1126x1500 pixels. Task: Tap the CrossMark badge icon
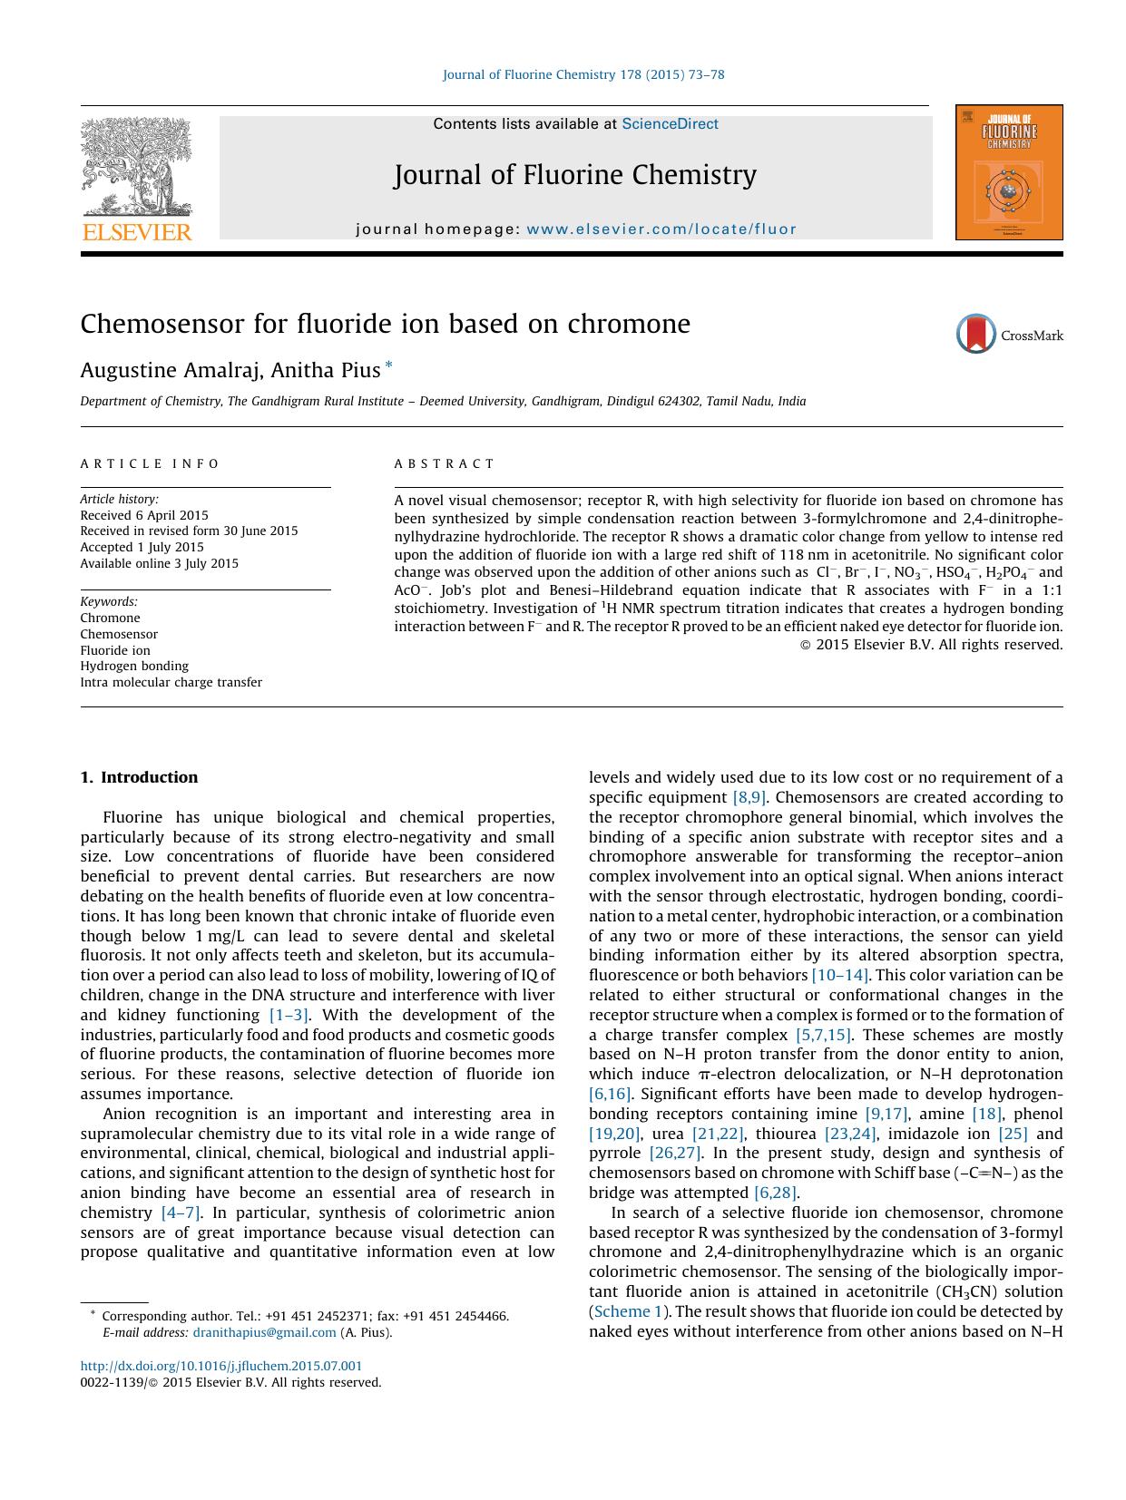(x=976, y=335)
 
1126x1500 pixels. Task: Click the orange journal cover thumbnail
(x=1008, y=172)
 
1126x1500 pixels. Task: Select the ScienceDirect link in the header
(x=670, y=124)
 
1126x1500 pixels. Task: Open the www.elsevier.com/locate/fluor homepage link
(x=661, y=229)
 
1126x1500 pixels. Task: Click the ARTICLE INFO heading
(x=150, y=463)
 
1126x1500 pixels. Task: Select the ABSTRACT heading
(x=445, y=463)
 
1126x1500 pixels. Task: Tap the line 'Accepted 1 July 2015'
(x=142, y=547)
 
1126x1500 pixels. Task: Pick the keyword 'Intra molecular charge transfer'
(x=171, y=682)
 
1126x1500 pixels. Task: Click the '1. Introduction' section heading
(x=139, y=777)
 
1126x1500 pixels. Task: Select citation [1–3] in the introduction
(x=289, y=1015)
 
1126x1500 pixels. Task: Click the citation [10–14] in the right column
(x=840, y=975)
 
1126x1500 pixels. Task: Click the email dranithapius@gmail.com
(x=264, y=1332)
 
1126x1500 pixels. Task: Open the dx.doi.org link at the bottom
(x=220, y=1366)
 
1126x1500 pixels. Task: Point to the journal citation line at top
(x=583, y=74)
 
